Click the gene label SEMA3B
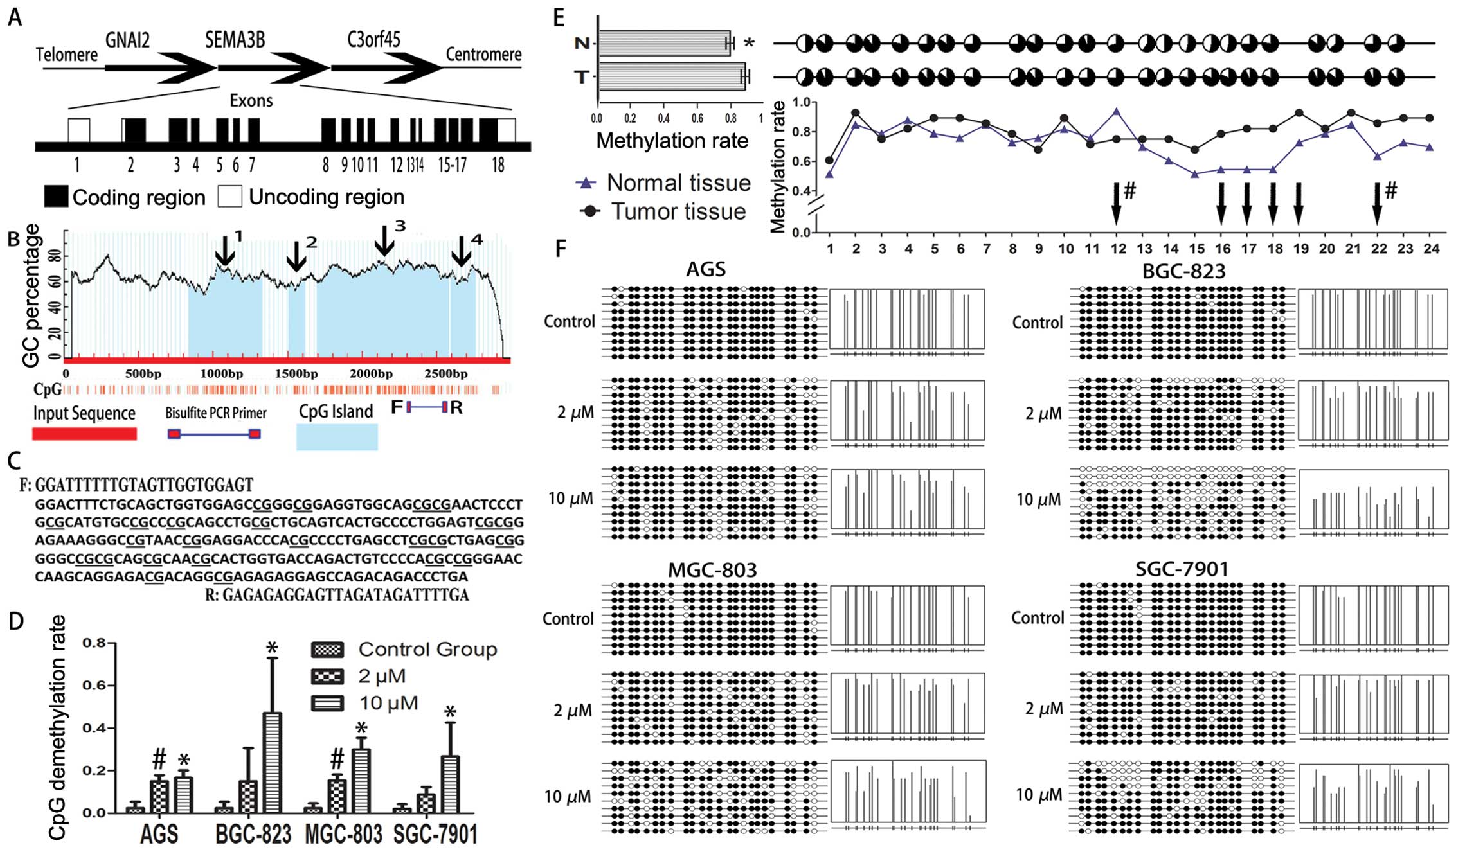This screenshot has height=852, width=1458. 235,40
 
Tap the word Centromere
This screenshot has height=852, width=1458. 483,55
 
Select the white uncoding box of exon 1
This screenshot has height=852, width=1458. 79,130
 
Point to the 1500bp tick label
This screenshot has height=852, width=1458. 296,374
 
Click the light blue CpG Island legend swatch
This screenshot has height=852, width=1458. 337,437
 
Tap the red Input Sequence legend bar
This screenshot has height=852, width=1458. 84,434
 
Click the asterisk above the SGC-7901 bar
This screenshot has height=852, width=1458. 450,712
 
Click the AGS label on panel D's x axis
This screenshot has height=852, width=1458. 159,834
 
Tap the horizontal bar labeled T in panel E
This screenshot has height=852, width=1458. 671,77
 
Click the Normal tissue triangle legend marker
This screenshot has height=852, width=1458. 585,183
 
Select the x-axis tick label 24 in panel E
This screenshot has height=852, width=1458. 1431,249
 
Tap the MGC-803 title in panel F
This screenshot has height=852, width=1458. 712,569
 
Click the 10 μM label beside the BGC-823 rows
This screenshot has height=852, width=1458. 1038,499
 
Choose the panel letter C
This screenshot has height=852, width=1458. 14,460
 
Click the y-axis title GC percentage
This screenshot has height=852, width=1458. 31,296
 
